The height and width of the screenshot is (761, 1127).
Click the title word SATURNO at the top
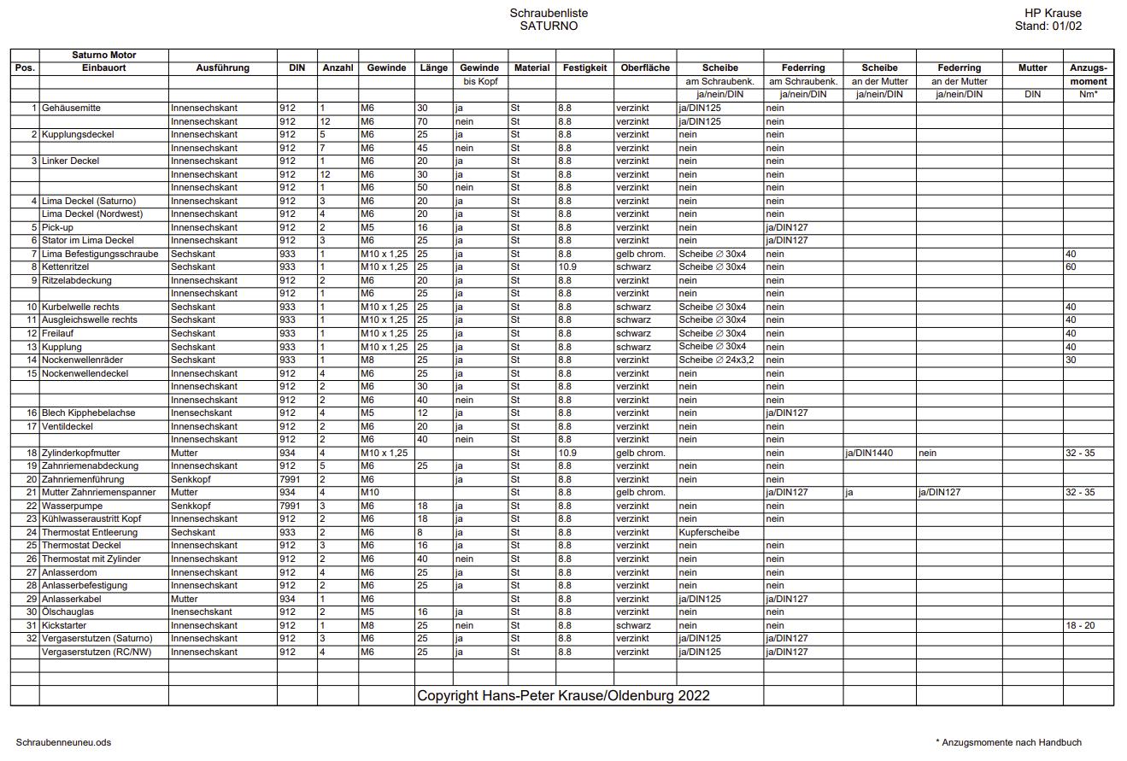pos(549,26)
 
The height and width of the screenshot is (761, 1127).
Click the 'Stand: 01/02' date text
pos(1048,26)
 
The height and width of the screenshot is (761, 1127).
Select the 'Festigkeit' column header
pos(584,68)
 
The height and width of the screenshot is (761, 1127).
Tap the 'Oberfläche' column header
pos(645,68)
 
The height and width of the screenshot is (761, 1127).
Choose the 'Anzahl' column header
pos(338,68)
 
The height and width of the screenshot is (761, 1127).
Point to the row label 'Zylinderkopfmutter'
pos(80,454)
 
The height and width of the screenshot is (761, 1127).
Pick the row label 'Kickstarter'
pos(64,626)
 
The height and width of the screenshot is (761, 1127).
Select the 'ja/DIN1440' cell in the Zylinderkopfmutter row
pos(869,454)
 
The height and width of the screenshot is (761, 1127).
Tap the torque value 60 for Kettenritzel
pos(1071,267)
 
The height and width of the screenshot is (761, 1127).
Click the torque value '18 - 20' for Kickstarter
pos(1079,626)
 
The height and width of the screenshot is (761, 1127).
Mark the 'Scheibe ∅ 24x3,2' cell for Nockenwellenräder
pos(716,360)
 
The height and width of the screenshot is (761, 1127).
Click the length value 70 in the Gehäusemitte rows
pos(422,122)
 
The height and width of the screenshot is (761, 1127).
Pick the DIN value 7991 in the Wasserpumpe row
pos(290,506)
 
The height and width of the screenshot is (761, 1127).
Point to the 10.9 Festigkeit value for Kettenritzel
pos(567,267)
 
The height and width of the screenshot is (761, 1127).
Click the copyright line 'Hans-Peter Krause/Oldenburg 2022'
pos(563,696)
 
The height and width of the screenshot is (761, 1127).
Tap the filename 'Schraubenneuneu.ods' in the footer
pos(63,743)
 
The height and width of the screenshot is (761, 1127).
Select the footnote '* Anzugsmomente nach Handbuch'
pos(1008,743)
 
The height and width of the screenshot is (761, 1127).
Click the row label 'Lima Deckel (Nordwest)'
pos(92,214)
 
